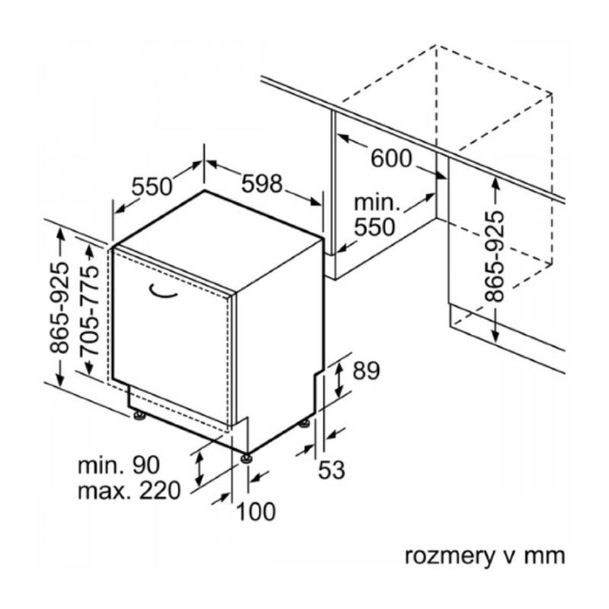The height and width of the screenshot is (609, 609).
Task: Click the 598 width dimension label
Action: pyautogui.click(x=262, y=184)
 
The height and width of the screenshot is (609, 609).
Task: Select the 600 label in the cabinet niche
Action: pyautogui.click(x=391, y=158)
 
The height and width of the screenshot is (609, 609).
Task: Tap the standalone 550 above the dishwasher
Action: pyautogui.click(x=153, y=187)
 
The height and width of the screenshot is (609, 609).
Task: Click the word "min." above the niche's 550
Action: pyautogui.click(x=377, y=203)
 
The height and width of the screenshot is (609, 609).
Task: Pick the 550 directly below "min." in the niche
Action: pyautogui.click(x=375, y=227)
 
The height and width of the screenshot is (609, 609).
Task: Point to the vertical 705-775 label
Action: pyautogui.click(x=89, y=310)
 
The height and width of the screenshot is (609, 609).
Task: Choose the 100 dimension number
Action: pyautogui.click(x=255, y=512)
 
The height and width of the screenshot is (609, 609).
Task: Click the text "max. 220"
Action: pyautogui.click(x=129, y=491)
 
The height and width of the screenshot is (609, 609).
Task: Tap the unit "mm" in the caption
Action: pyautogui.click(x=546, y=556)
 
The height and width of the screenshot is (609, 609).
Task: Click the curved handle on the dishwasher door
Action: pyautogui.click(x=162, y=289)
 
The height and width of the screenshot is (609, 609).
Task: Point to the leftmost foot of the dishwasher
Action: pyautogui.click(x=139, y=416)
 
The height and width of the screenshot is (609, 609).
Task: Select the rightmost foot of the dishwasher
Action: pyautogui.click(x=304, y=422)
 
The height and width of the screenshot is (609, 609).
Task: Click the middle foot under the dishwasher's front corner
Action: pyautogui.click(x=246, y=458)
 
